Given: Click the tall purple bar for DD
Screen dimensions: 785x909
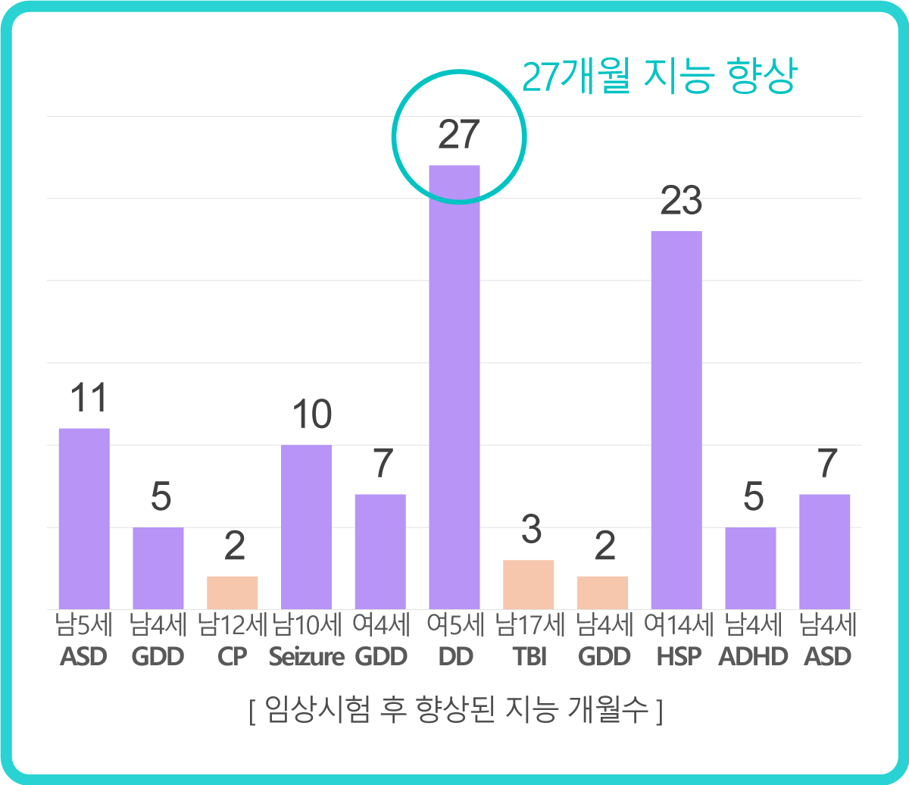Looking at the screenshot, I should point(454,386).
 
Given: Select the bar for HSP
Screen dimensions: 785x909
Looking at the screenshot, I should point(676,420).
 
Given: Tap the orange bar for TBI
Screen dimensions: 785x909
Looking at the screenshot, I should point(528,584).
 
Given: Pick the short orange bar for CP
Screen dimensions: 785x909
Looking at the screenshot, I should point(232,593).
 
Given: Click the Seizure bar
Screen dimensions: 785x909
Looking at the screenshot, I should point(306,527).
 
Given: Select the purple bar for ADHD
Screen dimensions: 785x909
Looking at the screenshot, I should point(750,568).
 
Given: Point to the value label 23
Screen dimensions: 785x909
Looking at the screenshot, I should point(681,202).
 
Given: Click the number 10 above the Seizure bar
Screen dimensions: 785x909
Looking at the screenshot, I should point(311,414).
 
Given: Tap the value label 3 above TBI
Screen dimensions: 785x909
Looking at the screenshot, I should point(531,530).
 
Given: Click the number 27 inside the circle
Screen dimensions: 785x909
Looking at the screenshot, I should point(459,135).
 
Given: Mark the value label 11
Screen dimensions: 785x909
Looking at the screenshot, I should point(88,399).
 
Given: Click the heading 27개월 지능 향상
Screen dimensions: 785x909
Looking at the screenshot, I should point(658,77).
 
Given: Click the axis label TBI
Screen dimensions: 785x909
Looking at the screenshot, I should point(530,657).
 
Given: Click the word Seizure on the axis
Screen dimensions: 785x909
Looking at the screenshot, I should point(307,657).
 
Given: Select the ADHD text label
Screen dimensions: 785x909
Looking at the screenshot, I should point(752,657).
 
